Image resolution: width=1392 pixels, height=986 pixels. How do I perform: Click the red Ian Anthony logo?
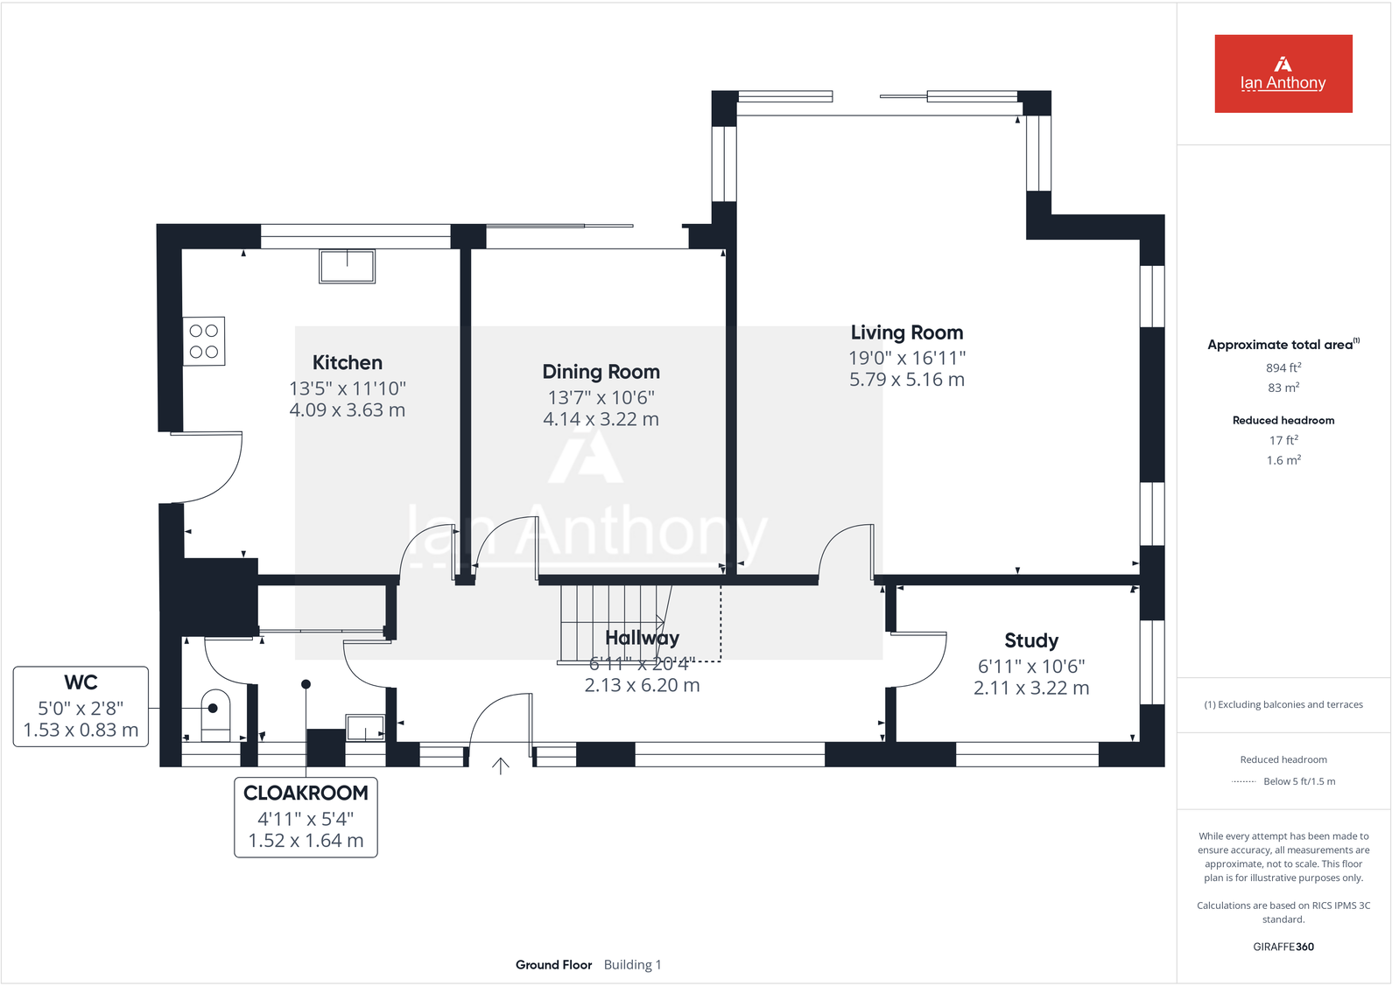(x=1283, y=73)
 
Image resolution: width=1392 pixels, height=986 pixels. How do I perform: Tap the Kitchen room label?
(x=348, y=363)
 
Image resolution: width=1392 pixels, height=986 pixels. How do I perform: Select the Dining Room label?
(x=601, y=372)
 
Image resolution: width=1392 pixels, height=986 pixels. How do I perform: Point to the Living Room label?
(x=906, y=333)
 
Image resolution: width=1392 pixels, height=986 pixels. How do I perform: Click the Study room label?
(x=1031, y=641)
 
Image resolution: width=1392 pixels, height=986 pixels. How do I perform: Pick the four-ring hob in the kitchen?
(x=204, y=341)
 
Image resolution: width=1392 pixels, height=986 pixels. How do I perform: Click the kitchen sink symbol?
(x=348, y=266)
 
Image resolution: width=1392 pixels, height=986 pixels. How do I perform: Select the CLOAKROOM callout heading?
(x=306, y=794)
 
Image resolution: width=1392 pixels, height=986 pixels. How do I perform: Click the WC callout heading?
(x=81, y=682)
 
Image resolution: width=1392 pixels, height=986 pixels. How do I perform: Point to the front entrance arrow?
(x=501, y=766)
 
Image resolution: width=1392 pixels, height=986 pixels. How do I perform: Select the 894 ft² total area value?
(x=1283, y=368)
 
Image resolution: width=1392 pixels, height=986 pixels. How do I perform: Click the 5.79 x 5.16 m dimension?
(x=906, y=380)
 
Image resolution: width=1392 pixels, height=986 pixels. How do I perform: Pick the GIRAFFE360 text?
(x=1283, y=947)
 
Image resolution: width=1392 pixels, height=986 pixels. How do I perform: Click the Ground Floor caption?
(x=553, y=965)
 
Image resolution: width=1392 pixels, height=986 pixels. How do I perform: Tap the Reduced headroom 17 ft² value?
(x=1283, y=441)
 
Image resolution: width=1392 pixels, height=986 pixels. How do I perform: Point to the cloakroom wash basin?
(x=364, y=727)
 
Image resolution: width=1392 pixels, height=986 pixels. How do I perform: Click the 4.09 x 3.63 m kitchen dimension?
(x=348, y=410)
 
